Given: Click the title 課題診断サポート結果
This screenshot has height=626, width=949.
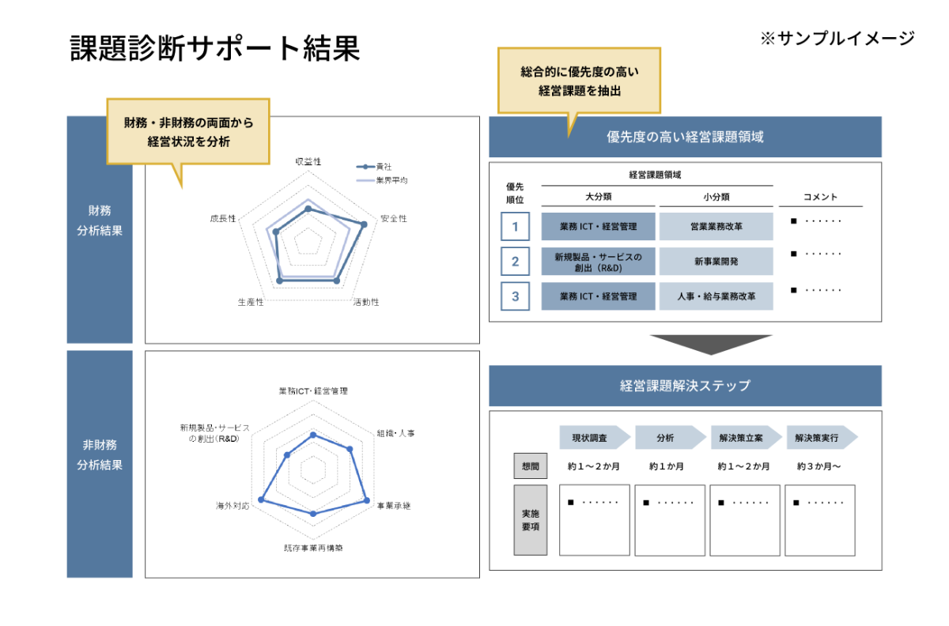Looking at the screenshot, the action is tap(215, 48).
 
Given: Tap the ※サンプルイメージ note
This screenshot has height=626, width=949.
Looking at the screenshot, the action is tap(837, 39).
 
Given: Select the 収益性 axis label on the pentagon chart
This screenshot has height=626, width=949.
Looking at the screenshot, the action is tap(308, 161).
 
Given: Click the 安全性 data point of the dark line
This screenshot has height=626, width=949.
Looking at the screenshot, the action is tap(364, 224).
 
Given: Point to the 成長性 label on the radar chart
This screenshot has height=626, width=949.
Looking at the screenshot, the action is tap(223, 219).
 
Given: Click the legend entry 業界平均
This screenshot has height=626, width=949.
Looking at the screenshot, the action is tap(391, 181).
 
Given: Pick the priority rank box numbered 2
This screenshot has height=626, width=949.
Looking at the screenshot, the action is tap(515, 262).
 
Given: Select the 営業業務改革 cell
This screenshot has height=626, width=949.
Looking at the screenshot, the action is tap(716, 227).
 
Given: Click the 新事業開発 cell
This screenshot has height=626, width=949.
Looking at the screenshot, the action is tap(716, 262).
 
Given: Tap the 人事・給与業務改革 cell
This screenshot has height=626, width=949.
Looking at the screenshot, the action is tap(716, 296).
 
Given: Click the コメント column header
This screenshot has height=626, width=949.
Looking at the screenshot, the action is tap(820, 197).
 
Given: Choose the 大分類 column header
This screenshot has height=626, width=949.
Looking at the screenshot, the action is tap(598, 197).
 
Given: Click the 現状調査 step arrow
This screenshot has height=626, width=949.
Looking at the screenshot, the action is tap(595, 438).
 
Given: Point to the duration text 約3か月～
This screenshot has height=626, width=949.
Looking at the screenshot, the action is tap(819, 466).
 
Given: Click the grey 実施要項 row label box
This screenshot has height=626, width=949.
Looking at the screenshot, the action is tap(531, 520).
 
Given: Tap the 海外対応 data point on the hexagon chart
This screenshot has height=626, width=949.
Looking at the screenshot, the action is tap(261, 500).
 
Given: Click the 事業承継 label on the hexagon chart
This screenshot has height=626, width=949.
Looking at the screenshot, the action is tap(394, 506).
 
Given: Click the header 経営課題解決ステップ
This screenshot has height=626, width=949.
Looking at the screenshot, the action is tap(685, 386).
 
